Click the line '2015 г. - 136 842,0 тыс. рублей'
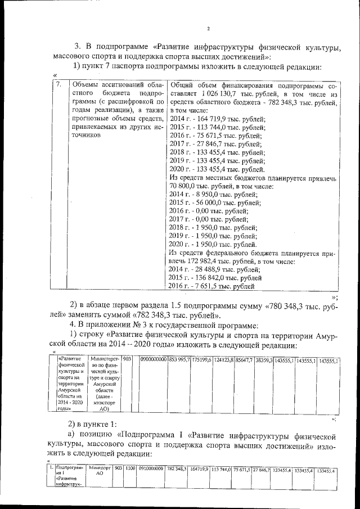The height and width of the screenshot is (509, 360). (215, 278)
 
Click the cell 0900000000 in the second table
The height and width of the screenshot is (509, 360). (154, 359)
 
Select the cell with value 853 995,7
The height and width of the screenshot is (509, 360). (179, 359)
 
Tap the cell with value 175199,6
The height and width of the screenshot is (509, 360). (201, 359)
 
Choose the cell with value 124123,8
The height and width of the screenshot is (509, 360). (224, 359)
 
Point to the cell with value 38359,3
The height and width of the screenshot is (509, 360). (263, 359)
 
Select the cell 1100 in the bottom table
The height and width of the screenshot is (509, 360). (130, 468)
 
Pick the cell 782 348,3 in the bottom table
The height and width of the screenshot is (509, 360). (176, 469)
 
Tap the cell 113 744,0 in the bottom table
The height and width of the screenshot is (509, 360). (221, 469)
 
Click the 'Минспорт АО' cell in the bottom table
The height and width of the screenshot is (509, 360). (100, 471)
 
